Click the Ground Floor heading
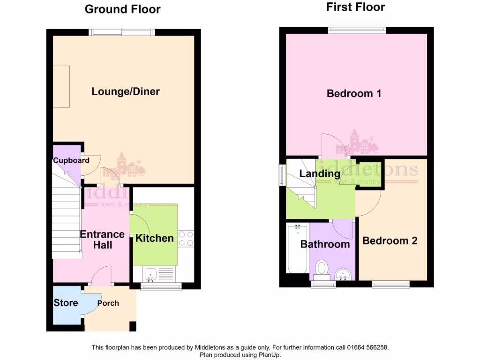point(122,9)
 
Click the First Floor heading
point(355,7)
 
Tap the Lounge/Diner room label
point(126,91)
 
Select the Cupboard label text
point(71,160)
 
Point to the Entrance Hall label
point(102,239)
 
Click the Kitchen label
point(154,238)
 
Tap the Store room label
point(66,303)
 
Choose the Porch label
point(108,303)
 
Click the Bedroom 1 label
point(354,93)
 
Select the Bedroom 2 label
point(390,241)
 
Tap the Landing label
point(320,174)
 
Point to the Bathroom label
point(325,244)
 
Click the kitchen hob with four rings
point(186,238)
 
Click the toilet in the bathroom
point(322,269)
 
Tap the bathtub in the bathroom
point(297,248)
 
